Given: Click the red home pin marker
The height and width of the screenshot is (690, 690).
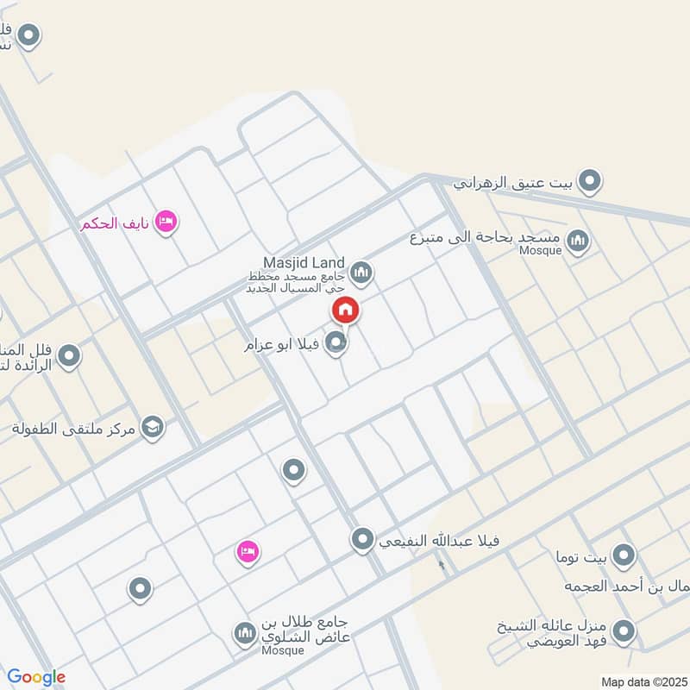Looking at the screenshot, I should pos(345,309).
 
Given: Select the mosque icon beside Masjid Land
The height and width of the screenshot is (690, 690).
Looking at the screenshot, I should pos(362,273).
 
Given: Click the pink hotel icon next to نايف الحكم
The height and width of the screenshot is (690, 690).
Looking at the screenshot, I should pos(167,223).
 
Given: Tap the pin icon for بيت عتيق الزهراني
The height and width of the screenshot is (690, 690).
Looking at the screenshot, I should pos(590,181).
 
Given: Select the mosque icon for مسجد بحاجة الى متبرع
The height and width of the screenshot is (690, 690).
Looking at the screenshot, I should pos(579,241).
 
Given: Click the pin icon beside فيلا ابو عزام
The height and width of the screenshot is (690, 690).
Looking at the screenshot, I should pos(336,343).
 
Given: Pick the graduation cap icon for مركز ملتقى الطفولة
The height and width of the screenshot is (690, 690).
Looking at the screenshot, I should pos(153,427).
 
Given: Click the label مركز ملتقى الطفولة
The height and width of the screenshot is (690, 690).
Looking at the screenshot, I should pos(74,428).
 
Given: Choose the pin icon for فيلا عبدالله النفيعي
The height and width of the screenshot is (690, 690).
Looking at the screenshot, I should pos(363,540).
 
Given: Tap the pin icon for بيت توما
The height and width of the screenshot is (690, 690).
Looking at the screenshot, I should pos(623,554).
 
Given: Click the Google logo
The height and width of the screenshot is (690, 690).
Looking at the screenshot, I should pos(36,677).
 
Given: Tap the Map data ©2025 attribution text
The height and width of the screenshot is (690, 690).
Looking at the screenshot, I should pos(642,681).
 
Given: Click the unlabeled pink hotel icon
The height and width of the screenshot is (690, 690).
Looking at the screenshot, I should pos(248,551).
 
